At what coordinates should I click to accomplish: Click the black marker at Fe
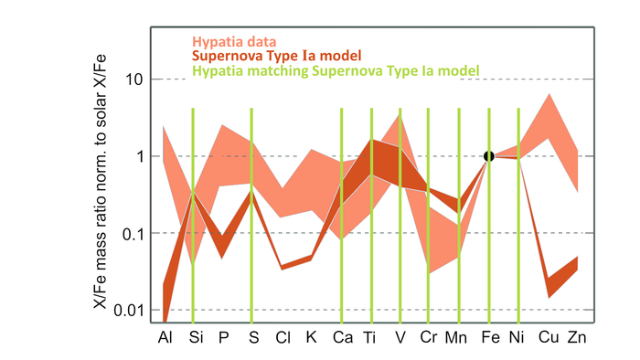489,156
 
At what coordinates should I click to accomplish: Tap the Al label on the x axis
164,338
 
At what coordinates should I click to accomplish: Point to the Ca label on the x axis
341,338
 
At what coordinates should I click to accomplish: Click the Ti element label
371,338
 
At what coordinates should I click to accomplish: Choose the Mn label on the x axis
458,338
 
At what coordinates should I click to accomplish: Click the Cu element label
548,338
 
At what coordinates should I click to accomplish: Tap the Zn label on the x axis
577,338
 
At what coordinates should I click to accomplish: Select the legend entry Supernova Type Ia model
283,56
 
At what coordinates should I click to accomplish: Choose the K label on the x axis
311,338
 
